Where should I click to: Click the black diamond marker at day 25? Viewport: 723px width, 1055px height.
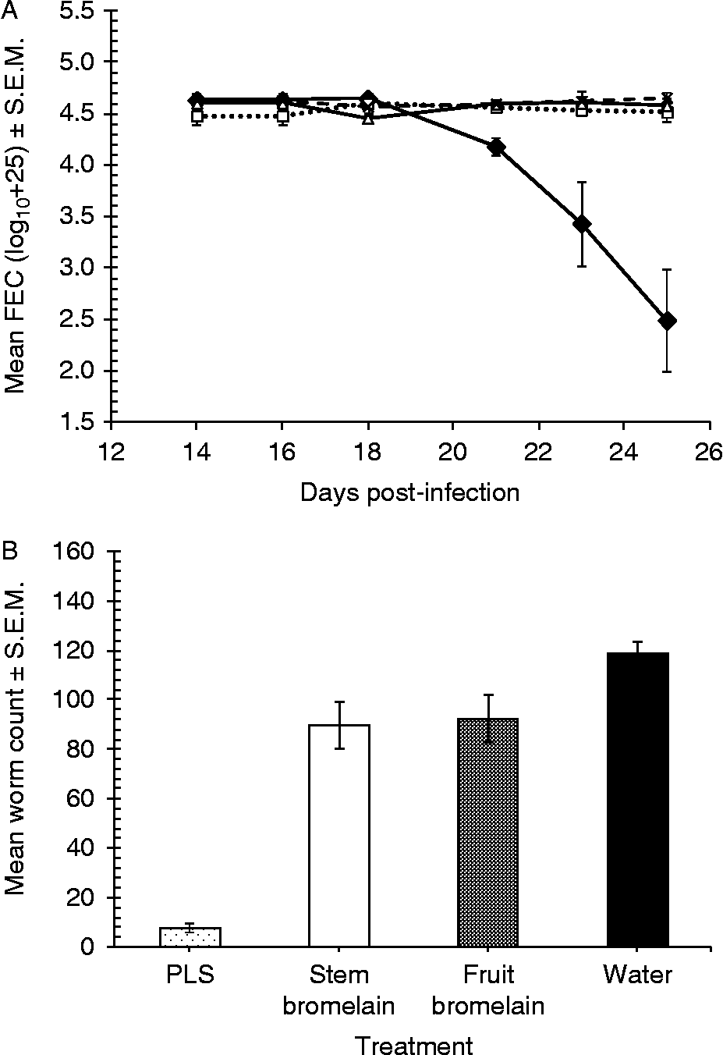(x=667, y=321)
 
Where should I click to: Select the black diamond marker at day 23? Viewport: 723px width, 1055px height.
(x=581, y=225)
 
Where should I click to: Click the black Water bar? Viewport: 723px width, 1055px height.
(x=637, y=800)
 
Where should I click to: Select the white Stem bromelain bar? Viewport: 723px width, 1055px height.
(x=339, y=836)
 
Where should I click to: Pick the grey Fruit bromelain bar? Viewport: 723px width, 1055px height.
(x=488, y=833)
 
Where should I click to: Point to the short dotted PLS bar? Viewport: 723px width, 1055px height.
(x=190, y=937)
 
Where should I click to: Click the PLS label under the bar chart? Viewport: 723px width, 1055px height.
(x=190, y=975)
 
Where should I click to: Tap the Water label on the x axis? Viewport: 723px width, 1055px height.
(x=637, y=975)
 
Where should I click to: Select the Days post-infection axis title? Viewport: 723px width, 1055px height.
(x=409, y=493)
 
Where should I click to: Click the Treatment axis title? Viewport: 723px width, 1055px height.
(x=413, y=1044)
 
